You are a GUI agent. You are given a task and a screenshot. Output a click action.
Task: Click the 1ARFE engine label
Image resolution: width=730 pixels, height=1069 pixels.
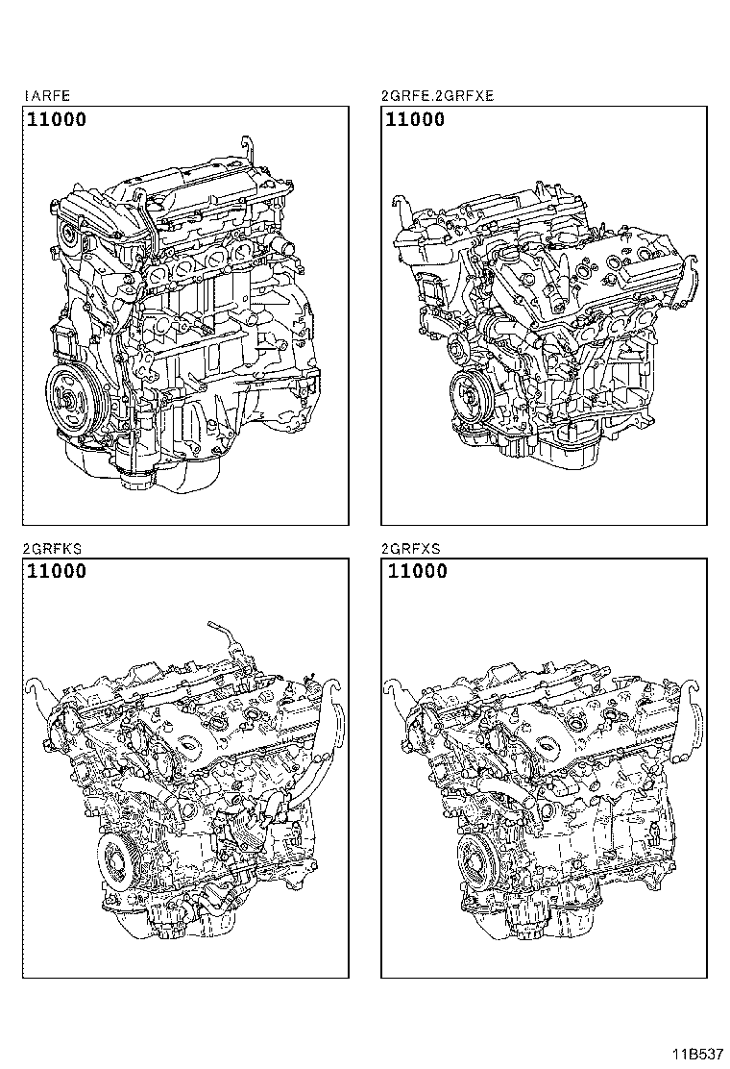pyautogui.click(x=46, y=96)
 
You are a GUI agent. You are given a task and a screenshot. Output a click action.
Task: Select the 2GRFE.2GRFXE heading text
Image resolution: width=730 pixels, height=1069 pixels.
pyautogui.click(x=437, y=96)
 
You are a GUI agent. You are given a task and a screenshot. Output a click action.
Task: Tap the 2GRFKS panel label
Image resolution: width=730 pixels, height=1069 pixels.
pyautogui.click(x=53, y=549)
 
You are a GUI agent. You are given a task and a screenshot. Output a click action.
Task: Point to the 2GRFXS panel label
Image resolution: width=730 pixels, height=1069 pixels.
pyautogui.click(x=411, y=549)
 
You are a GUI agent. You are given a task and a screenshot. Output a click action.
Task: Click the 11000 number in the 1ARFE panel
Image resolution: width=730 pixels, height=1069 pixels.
pyautogui.click(x=57, y=120)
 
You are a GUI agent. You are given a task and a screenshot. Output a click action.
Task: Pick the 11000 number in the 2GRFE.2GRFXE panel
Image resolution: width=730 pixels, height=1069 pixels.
pyautogui.click(x=415, y=120)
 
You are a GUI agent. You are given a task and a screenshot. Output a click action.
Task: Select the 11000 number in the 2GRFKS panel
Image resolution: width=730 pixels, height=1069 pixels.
pyautogui.click(x=57, y=571)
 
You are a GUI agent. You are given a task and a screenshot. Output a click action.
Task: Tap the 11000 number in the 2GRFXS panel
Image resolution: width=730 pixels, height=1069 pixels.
pyautogui.click(x=418, y=571)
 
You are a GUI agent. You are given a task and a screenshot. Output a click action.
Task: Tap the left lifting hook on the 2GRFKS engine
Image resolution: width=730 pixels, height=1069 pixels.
pyautogui.click(x=39, y=686)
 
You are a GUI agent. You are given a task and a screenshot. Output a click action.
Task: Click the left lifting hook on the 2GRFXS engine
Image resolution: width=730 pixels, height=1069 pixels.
pyautogui.click(x=394, y=686)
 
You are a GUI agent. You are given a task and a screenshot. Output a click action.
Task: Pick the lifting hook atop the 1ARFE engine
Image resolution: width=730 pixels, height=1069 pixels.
pyautogui.click(x=248, y=150)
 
